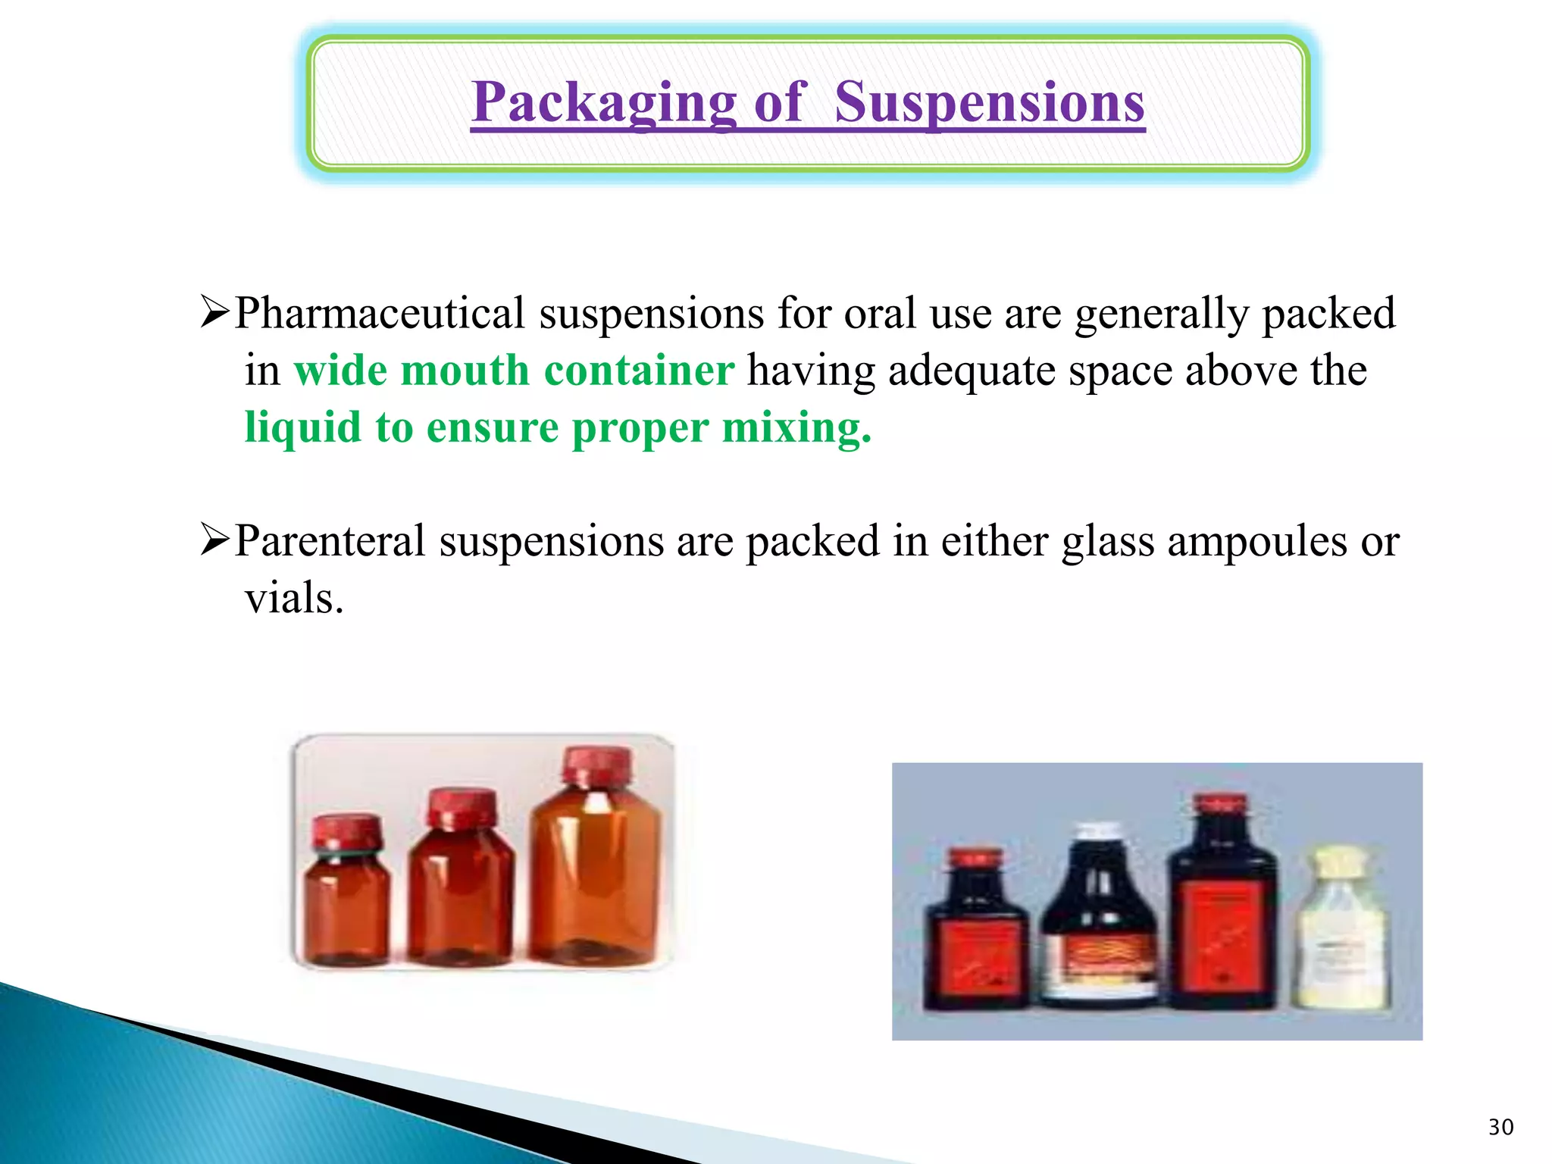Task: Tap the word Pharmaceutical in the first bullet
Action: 380,313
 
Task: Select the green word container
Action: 639,371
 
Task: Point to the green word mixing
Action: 796,428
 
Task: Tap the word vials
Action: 294,599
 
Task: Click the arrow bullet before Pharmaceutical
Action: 214,313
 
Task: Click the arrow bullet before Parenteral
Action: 214,541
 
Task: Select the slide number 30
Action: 1500,1128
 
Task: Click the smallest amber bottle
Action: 347,894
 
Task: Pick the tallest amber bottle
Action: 596,864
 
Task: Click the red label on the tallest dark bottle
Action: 1222,936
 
